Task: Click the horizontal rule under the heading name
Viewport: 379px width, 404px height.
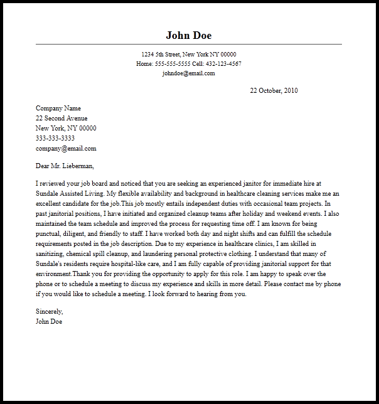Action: point(189,45)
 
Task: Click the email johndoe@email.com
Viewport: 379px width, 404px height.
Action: point(189,73)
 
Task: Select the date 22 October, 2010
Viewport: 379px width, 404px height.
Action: point(274,91)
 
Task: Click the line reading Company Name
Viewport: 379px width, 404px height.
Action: point(58,109)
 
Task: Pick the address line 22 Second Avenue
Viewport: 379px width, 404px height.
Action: point(61,119)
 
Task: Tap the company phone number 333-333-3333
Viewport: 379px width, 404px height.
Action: point(55,139)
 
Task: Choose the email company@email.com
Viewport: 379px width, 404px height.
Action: point(66,149)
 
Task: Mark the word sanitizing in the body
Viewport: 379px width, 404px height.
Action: point(51,254)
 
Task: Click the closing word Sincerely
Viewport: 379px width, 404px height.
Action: point(50,312)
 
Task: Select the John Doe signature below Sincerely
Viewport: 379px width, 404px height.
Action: point(50,322)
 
